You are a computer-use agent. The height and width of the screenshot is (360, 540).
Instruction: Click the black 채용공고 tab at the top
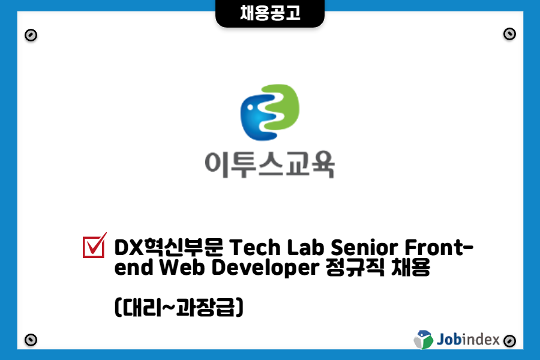click(269, 13)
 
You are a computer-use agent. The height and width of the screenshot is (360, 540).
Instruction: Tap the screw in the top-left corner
click(31, 35)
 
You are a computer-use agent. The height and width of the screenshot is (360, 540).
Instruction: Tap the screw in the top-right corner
click(509, 34)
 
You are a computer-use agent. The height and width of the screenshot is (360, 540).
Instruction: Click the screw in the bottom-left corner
click(31, 340)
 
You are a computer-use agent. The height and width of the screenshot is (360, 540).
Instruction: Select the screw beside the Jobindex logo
click(509, 341)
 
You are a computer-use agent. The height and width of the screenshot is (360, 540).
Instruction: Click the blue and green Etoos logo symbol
click(269, 112)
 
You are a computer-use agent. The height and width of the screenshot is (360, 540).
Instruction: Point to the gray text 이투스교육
click(269, 164)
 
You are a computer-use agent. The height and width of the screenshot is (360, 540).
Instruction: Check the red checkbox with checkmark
click(94, 245)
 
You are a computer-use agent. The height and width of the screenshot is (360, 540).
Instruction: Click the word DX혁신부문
click(169, 247)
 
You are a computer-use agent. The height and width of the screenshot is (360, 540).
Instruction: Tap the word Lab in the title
click(305, 247)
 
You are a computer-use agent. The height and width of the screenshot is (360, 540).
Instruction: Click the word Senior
click(364, 247)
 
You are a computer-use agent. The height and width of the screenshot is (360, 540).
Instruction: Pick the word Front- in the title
click(439, 247)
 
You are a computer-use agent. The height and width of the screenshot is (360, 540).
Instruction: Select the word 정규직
click(355, 268)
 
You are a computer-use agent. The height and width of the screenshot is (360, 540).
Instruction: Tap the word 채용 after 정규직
click(411, 268)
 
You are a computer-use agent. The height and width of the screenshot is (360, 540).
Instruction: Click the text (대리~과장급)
click(179, 307)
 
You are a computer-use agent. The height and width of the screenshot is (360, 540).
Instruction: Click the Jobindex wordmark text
click(468, 340)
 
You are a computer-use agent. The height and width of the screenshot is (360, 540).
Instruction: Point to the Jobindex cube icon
click(424, 340)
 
